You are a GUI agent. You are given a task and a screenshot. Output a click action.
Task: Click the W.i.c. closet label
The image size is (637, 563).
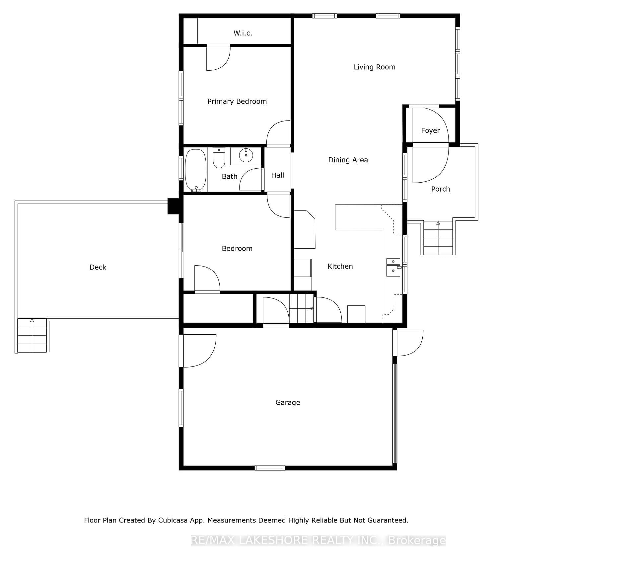243,33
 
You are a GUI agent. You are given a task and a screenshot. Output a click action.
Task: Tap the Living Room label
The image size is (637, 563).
374,67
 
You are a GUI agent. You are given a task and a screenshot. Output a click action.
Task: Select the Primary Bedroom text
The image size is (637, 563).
237,102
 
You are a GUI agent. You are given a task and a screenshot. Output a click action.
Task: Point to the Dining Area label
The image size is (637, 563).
348,160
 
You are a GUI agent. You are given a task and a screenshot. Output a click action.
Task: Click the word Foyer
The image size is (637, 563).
430,131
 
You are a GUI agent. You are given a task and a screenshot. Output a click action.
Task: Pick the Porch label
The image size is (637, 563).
441,189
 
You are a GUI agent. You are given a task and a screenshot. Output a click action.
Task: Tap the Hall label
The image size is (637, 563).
278,175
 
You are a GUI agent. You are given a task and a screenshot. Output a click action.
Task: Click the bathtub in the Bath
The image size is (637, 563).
196,170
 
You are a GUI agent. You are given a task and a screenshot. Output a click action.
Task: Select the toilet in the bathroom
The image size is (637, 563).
219,158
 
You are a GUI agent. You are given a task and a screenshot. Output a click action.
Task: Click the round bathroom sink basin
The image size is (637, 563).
246,155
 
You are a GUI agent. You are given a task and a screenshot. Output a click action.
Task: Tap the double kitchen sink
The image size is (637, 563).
393,268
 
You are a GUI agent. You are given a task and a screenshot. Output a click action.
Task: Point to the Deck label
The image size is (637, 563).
98,267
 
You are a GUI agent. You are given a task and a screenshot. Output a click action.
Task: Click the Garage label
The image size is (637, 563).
288,403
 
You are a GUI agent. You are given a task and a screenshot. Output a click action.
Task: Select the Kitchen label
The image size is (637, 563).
340,266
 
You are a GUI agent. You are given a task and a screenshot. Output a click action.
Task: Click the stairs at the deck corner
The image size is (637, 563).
32,335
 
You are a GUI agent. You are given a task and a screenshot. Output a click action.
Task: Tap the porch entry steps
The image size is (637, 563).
438,238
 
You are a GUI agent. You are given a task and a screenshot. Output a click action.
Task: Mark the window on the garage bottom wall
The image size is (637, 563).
270,468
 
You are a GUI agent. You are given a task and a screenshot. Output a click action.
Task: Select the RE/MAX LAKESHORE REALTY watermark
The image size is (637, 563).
318,541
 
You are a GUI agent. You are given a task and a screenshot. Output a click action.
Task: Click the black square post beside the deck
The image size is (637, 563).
173,206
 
